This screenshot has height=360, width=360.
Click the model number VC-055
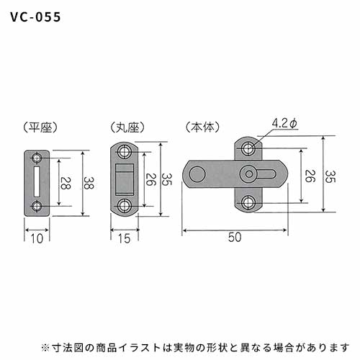tap(35, 17)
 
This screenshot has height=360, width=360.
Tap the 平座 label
tap(40, 127)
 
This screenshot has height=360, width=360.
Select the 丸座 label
tap(127, 127)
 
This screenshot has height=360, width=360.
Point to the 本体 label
tap(203, 127)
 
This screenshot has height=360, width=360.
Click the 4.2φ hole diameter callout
tap(284, 124)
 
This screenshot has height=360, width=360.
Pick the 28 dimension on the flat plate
tap(65, 183)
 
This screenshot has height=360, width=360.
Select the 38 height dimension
tap(89, 183)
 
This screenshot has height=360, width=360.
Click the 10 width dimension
tap(37, 238)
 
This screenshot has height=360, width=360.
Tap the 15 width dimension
tap(125, 238)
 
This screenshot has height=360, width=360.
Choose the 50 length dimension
tap(235, 238)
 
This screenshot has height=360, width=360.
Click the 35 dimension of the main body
tap(330, 176)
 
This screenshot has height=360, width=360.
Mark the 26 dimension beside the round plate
tap(151, 179)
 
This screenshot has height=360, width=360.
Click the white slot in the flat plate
tap(37, 181)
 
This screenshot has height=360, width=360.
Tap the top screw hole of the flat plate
tap(37, 158)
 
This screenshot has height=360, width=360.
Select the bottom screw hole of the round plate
tap(125, 206)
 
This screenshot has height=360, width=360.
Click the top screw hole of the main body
tap(248, 148)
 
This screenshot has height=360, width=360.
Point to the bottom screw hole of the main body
tap(248, 203)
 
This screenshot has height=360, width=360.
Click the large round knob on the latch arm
tap(197, 174)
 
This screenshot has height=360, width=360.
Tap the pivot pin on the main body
tap(249, 174)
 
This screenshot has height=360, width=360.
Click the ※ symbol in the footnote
tap(45, 348)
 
